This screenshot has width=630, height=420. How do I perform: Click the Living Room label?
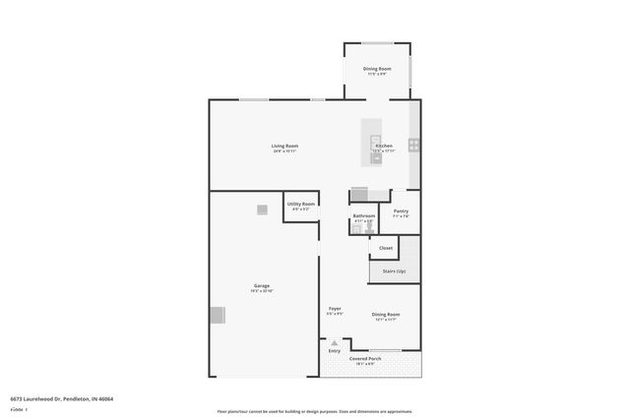coord(285,146)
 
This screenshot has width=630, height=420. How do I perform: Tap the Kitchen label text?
coord(384,146)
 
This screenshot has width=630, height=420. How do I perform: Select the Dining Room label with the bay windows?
coord(377,68)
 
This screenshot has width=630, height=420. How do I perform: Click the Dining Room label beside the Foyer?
coord(386,314)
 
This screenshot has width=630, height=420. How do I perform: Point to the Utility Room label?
coord(300,204)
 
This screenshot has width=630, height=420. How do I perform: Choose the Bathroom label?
coord(364,215)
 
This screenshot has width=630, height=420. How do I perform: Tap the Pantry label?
coord(401,210)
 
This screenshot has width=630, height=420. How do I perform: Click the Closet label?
coord(386,248)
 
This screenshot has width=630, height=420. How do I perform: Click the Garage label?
coord(261,286)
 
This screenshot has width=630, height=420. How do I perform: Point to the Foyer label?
coord(335,309)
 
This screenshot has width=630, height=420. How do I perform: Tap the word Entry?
coord(335,350)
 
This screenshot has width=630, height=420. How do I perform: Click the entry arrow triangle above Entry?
coord(335,342)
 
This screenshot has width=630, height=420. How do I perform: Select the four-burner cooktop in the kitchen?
coord(414,145)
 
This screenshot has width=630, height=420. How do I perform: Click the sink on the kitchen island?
coord(376,156)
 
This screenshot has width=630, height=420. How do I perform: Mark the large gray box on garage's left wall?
coord(217,315)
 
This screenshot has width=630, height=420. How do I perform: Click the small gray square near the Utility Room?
coord(262,209)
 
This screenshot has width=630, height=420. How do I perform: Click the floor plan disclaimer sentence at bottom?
coord(314,411)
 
